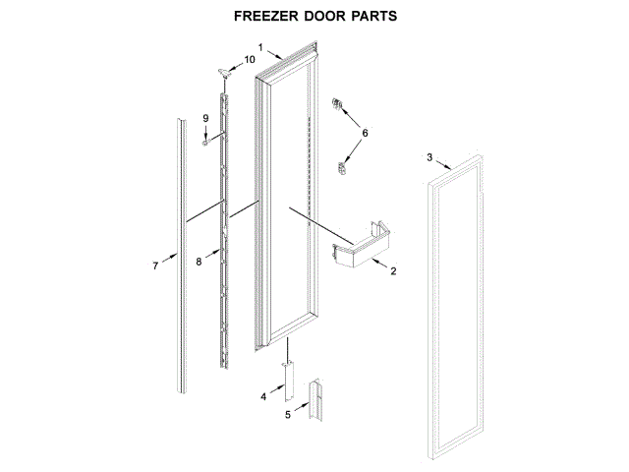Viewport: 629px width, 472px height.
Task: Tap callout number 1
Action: pos(260,47)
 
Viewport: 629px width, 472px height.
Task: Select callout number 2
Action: pos(393,271)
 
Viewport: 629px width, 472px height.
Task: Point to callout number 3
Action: pos(429,157)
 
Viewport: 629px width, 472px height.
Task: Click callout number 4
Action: pos(262,396)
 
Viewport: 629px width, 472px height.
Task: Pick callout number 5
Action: pos(288,416)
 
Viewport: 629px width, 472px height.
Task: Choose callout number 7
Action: pos(155,265)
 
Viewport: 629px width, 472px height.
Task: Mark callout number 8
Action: pos(199,261)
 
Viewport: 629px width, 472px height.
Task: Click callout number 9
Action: pos(206,119)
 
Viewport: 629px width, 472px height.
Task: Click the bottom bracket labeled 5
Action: pos(316,403)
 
